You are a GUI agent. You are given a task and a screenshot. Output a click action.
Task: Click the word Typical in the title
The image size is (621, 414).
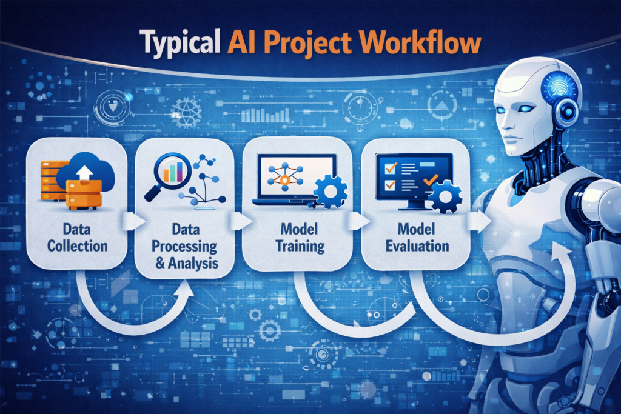179,44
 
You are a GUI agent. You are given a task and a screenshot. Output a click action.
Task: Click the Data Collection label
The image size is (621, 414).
76,237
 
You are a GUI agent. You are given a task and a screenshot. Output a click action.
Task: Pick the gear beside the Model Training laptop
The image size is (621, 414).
331,192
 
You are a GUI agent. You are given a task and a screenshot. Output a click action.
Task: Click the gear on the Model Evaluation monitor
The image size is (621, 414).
445,196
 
